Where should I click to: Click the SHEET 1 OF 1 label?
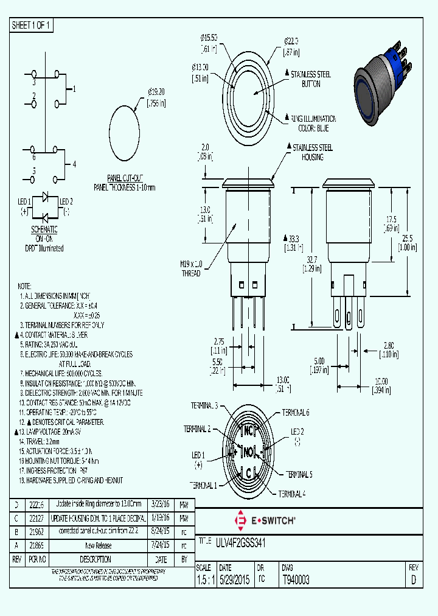click(x=32, y=26)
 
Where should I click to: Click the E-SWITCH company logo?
click(x=265, y=521)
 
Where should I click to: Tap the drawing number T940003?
click(x=296, y=580)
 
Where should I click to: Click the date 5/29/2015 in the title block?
click(x=234, y=580)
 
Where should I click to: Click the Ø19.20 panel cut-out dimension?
click(x=156, y=97)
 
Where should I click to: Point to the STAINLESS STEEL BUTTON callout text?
click(x=311, y=79)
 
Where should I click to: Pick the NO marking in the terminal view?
click(x=249, y=452)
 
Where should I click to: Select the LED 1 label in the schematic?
click(x=25, y=201)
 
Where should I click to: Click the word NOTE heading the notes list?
click(x=24, y=285)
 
